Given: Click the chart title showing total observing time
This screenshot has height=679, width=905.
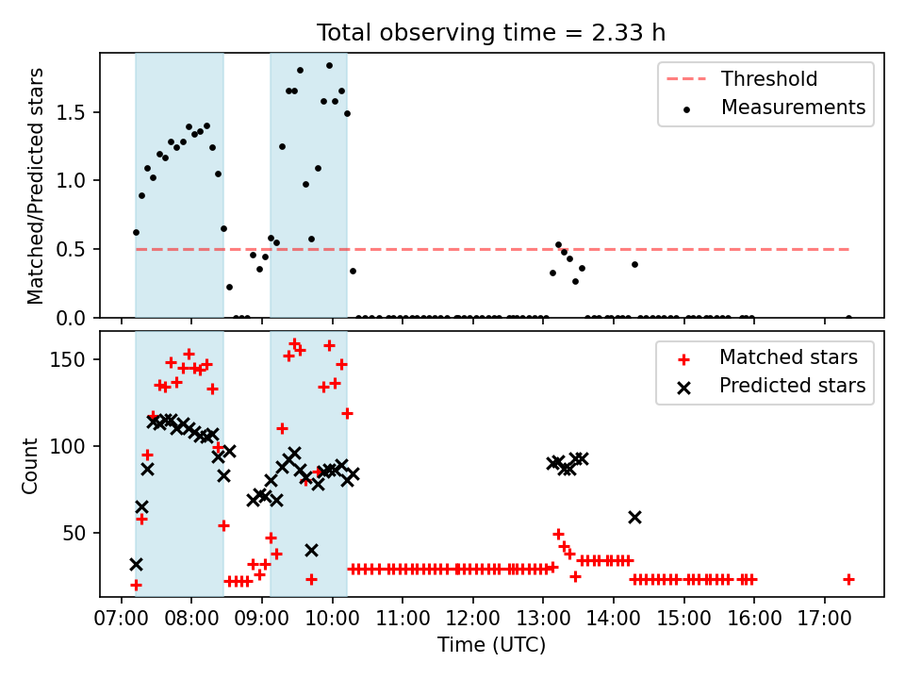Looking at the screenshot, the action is point(490,32).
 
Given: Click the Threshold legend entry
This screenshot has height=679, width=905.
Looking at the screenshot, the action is point(742,78).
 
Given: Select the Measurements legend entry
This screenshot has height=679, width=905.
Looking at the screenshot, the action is point(773,108).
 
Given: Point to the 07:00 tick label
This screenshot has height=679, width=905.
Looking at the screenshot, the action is point(122,619).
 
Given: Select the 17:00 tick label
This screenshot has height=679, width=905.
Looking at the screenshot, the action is point(824,619).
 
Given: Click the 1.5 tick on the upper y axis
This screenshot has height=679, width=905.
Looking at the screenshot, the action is point(71,112).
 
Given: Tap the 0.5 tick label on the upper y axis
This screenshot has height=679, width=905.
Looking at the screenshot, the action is point(71,249).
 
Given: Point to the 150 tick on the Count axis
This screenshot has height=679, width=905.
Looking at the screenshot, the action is point(68,359).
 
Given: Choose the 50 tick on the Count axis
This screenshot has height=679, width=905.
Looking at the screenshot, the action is point(74,533).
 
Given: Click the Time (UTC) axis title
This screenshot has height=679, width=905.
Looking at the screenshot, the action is point(491,644).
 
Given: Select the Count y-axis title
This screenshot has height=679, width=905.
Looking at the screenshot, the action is point(29,466).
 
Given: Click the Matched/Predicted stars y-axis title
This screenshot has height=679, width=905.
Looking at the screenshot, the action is point(35,186).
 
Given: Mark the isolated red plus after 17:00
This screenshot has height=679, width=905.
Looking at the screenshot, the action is point(848,579).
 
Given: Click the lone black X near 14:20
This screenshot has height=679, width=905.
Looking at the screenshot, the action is point(634,518).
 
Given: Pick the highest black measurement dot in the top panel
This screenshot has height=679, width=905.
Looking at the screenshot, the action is point(330,66).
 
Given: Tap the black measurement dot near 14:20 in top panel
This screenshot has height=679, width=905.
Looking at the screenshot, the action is point(634,264).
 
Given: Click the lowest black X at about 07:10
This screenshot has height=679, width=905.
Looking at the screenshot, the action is point(136,564).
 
